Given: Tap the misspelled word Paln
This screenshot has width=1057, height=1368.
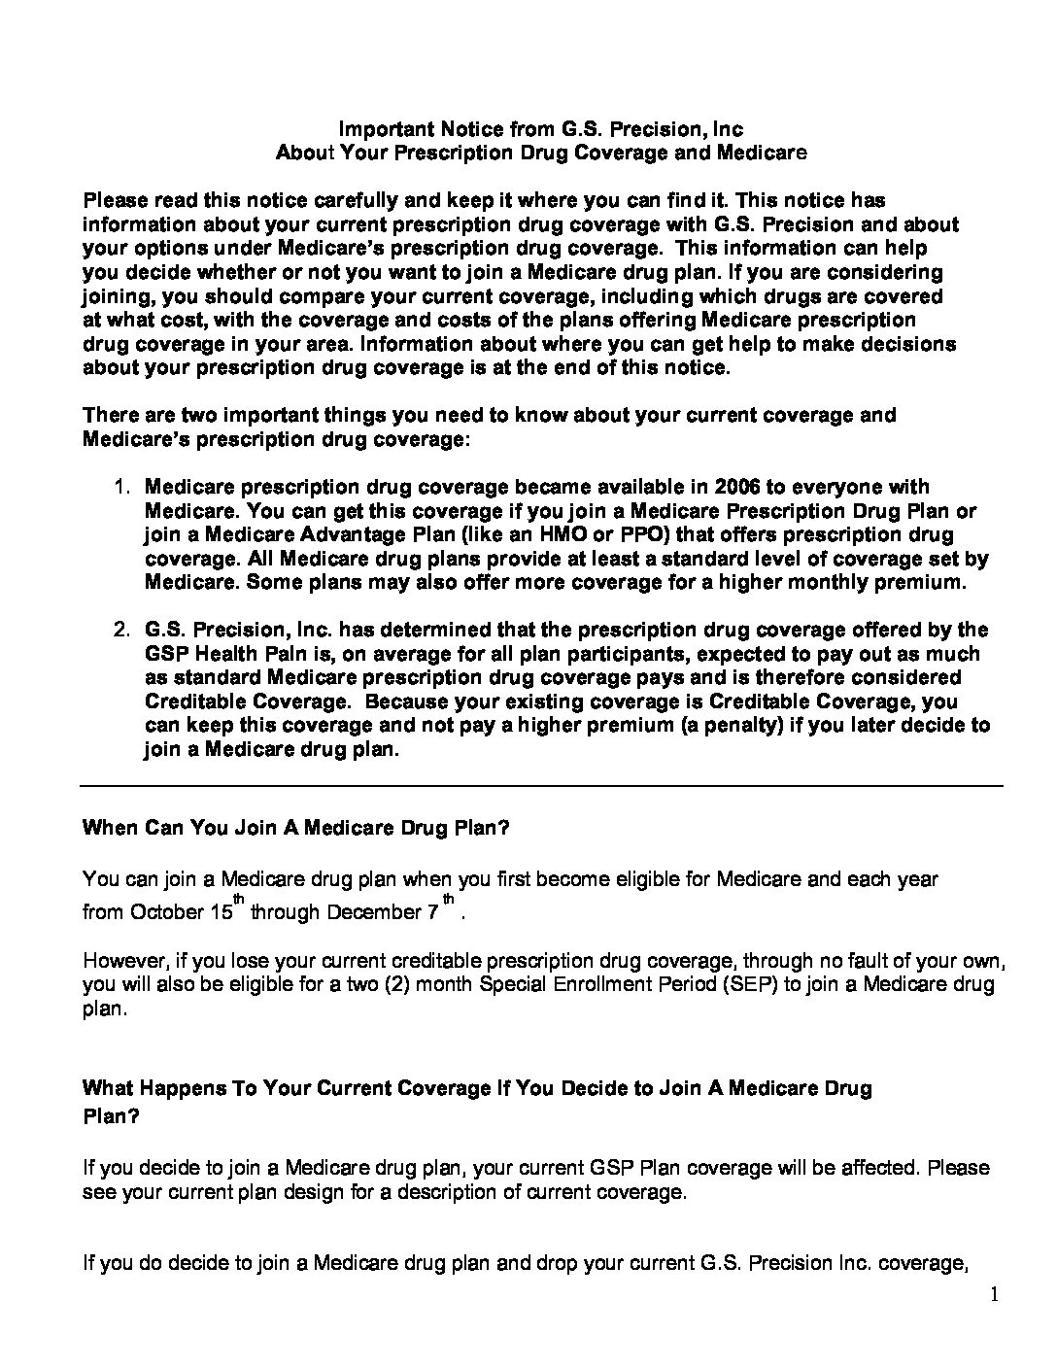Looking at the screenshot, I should coord(264,654).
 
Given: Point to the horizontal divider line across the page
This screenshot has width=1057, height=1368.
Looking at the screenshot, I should coord(540,785).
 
